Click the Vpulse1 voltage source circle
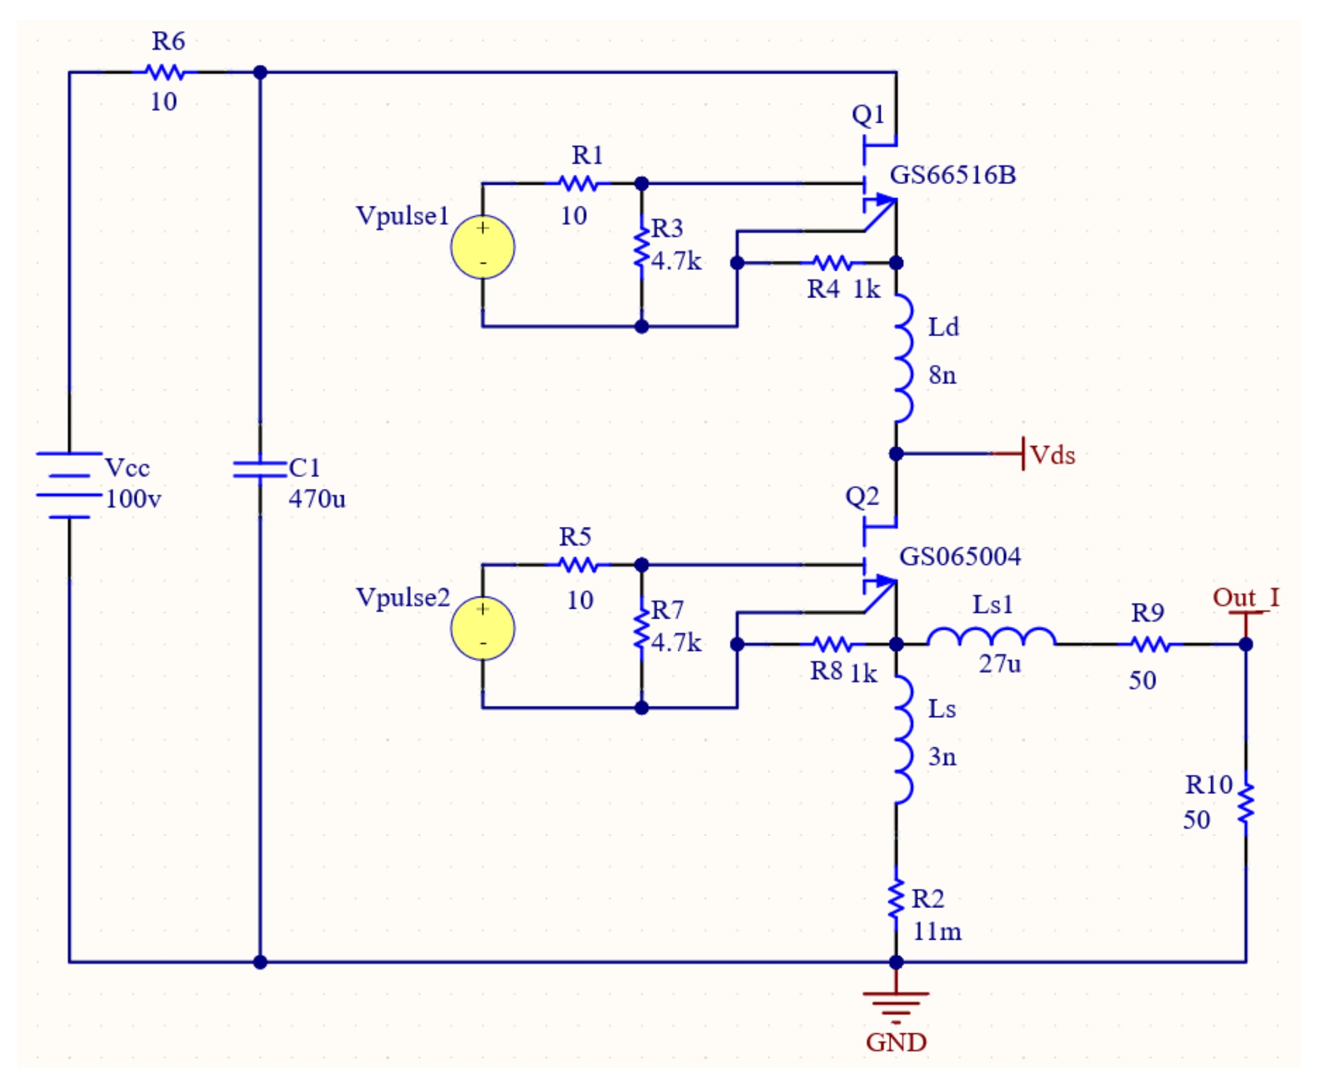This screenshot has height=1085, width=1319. point(483,247)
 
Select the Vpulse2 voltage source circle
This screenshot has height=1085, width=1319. point(483,628)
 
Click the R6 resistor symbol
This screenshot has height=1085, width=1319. point(165,72)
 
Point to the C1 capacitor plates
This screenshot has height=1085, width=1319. point(260,470)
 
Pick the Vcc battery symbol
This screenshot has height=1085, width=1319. point(69,485)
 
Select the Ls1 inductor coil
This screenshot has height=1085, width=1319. point(992,637)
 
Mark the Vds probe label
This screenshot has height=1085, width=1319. point(1052,455)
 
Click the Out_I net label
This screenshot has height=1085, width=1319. point(1245,598)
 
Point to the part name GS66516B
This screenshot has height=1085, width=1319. point(952,175)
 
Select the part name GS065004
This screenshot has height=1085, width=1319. point(960,556)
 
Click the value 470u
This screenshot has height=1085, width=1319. point(316,499)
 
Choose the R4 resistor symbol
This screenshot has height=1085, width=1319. point(833,263)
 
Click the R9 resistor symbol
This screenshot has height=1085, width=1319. point(1151,644)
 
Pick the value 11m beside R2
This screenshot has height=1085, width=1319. point(937,932)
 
